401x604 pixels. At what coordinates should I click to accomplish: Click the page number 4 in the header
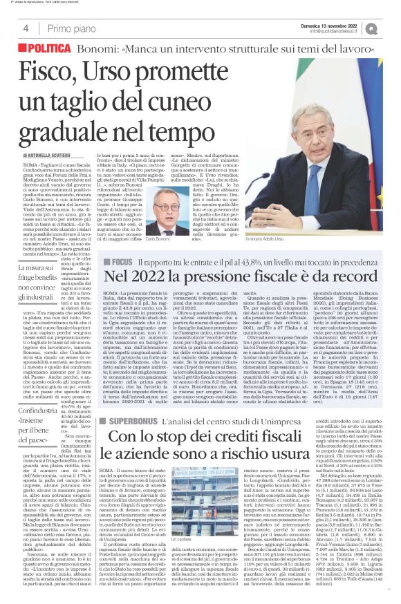coord(25,28)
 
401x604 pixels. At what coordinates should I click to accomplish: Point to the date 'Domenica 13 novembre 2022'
coord(345,25)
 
